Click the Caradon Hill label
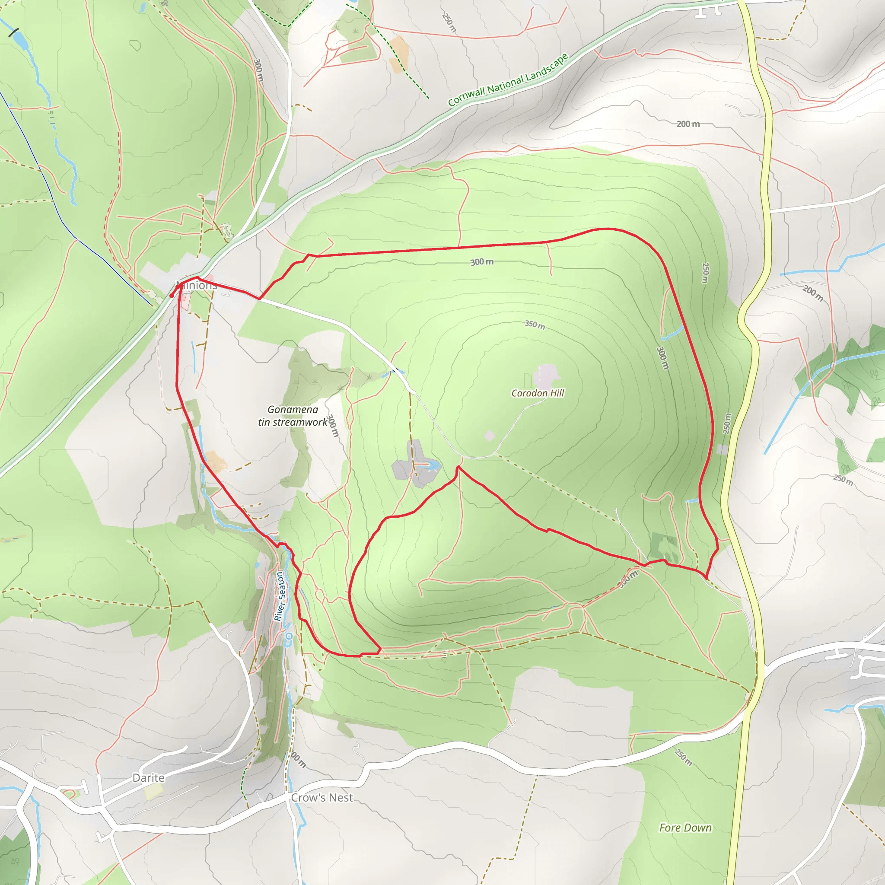[x=537, y=393]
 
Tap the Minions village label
[x=196, y=285]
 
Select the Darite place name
[x=148, y=777]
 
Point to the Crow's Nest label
[x=322, y=798]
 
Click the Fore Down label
[x=685, y=828]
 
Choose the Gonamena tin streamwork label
[x=293, y=415]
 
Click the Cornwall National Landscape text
[x=508, y=80]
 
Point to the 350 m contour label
[x=535, y=325]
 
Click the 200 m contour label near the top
[x=688, y=124]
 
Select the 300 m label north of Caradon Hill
[x=482, y=261]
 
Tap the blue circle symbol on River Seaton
[x=289, y=636]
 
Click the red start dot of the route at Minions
[x=171, y=296]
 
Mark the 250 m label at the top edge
[x=449, y=22]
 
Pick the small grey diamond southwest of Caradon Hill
[x=490, y=436]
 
